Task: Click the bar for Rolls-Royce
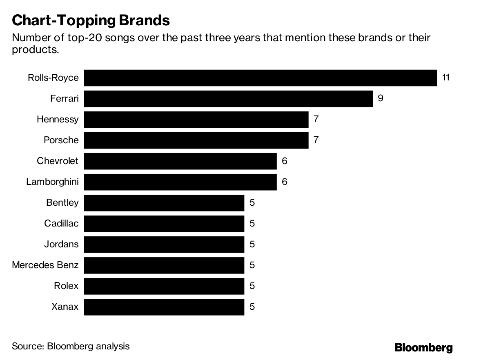[261, 78]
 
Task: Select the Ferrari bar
[228, 98]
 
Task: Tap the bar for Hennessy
[196, 119]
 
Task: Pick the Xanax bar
[164, 307]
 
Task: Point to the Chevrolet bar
[180, 161]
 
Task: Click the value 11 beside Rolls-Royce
[445, 77]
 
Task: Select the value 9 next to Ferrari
[380, 98]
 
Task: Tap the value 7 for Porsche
[316, 140]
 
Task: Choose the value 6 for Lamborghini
[284, 182]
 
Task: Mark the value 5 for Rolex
[252, 286]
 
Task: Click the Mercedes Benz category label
[45, 265]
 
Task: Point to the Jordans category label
[61, 244]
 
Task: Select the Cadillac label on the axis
[61, 223]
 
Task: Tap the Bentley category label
[62, 202]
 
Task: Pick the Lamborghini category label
[52, 182]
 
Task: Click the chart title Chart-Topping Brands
[91, 20]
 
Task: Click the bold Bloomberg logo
[423, 347]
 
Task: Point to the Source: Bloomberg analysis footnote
[71, 347]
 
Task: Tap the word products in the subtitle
[34, 50]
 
